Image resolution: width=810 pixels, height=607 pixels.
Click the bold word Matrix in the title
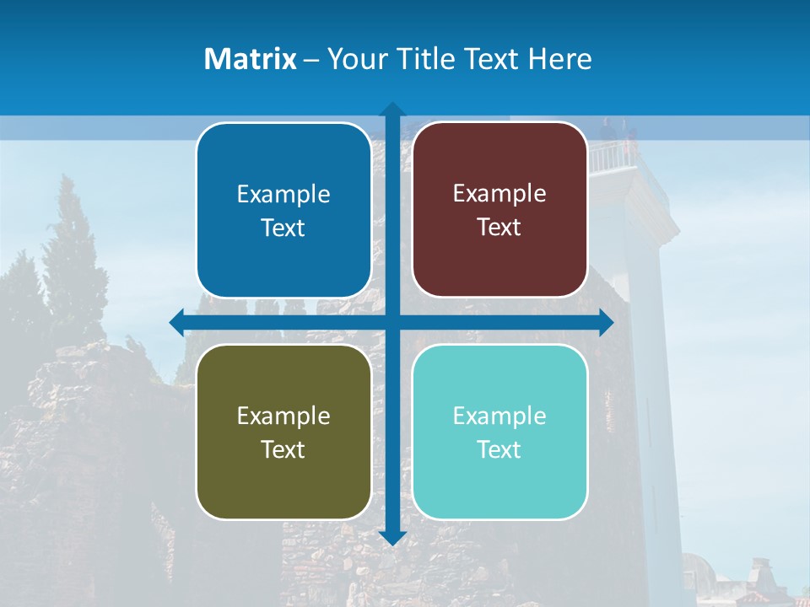point(250,59)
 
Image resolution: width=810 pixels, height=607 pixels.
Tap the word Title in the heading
point(425,59)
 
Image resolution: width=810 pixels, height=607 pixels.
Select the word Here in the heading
point(560,59)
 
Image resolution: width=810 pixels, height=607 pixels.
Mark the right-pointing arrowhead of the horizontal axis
point(606,322)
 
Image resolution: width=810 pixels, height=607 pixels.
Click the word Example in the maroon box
point(499,194)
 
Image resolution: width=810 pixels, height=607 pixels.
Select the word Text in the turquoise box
point(499,449)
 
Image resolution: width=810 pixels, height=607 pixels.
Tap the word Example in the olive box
point(283,416)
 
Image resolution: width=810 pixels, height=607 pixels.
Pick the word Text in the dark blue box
point(283,228)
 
